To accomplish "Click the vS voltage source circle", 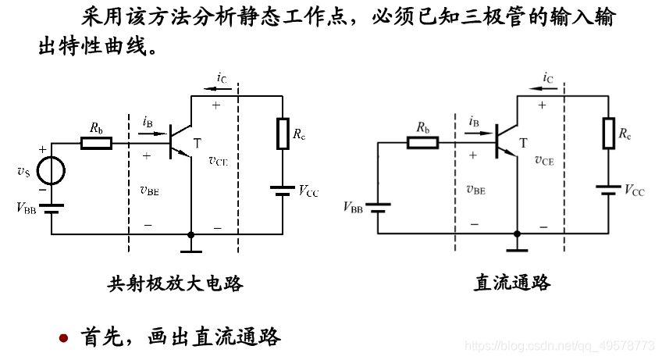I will coord(52,169).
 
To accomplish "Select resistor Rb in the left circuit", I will coord(97,143).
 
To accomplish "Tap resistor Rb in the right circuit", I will coord(423,142).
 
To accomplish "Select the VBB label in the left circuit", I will coord(26,207).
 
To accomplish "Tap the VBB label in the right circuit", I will coord(353,207).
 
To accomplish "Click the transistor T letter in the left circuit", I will coord(197,142).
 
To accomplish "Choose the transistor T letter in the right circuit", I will coord(523,142).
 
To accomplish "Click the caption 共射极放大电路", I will coord(175,283).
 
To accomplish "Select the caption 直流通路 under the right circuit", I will coord(512,283).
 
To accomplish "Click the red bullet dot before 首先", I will coord(65,338).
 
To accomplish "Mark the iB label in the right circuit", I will coord(474,121).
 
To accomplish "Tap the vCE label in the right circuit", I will coord(544,160).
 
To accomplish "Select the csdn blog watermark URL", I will coord(559,344).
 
